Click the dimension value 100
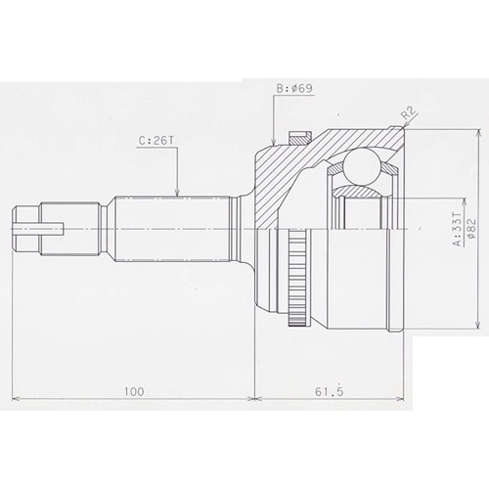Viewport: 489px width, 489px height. pyautogui.click(x=134, y=391)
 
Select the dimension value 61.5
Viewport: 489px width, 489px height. pyautogui.click(x=330, y=391)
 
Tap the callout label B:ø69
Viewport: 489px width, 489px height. pyautogui.click(x=294, y=88)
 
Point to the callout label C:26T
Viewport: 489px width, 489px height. pyautogui.click(x=156, y=141)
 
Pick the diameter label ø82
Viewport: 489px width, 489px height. pyautogui.click(x=471, y=228)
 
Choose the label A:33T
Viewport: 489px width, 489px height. pyautogui.click(x=458, y=229)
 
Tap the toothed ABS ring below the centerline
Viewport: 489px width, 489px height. pyautogui.click(x=297, y=278)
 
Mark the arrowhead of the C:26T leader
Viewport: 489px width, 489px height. pyautogui.click(x=177, y=193)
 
